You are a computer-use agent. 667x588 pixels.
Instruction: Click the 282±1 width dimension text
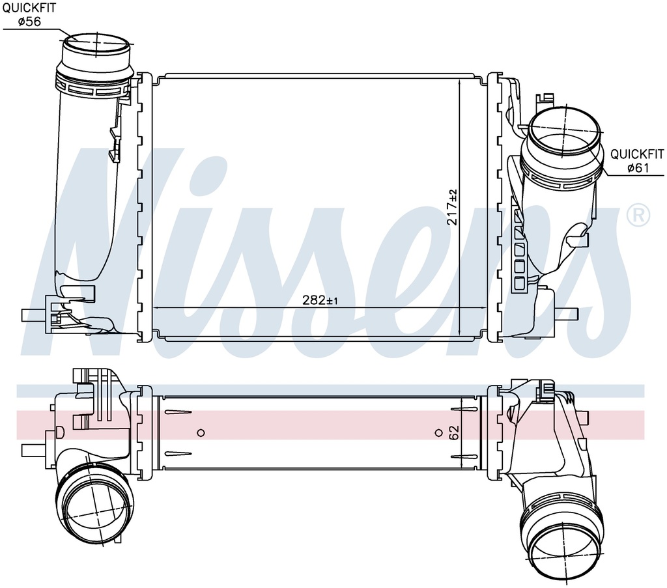click(320, 300)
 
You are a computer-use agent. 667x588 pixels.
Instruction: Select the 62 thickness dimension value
click(454, 433)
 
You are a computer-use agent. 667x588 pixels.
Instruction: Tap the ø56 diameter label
click(29, 21)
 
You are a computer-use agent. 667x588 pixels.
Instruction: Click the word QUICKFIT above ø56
click(29, 8)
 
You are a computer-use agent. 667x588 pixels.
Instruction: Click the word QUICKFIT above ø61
click(637, 154)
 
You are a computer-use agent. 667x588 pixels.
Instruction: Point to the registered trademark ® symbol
click(639, 215)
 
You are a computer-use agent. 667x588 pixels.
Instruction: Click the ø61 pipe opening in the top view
click(565, 131)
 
